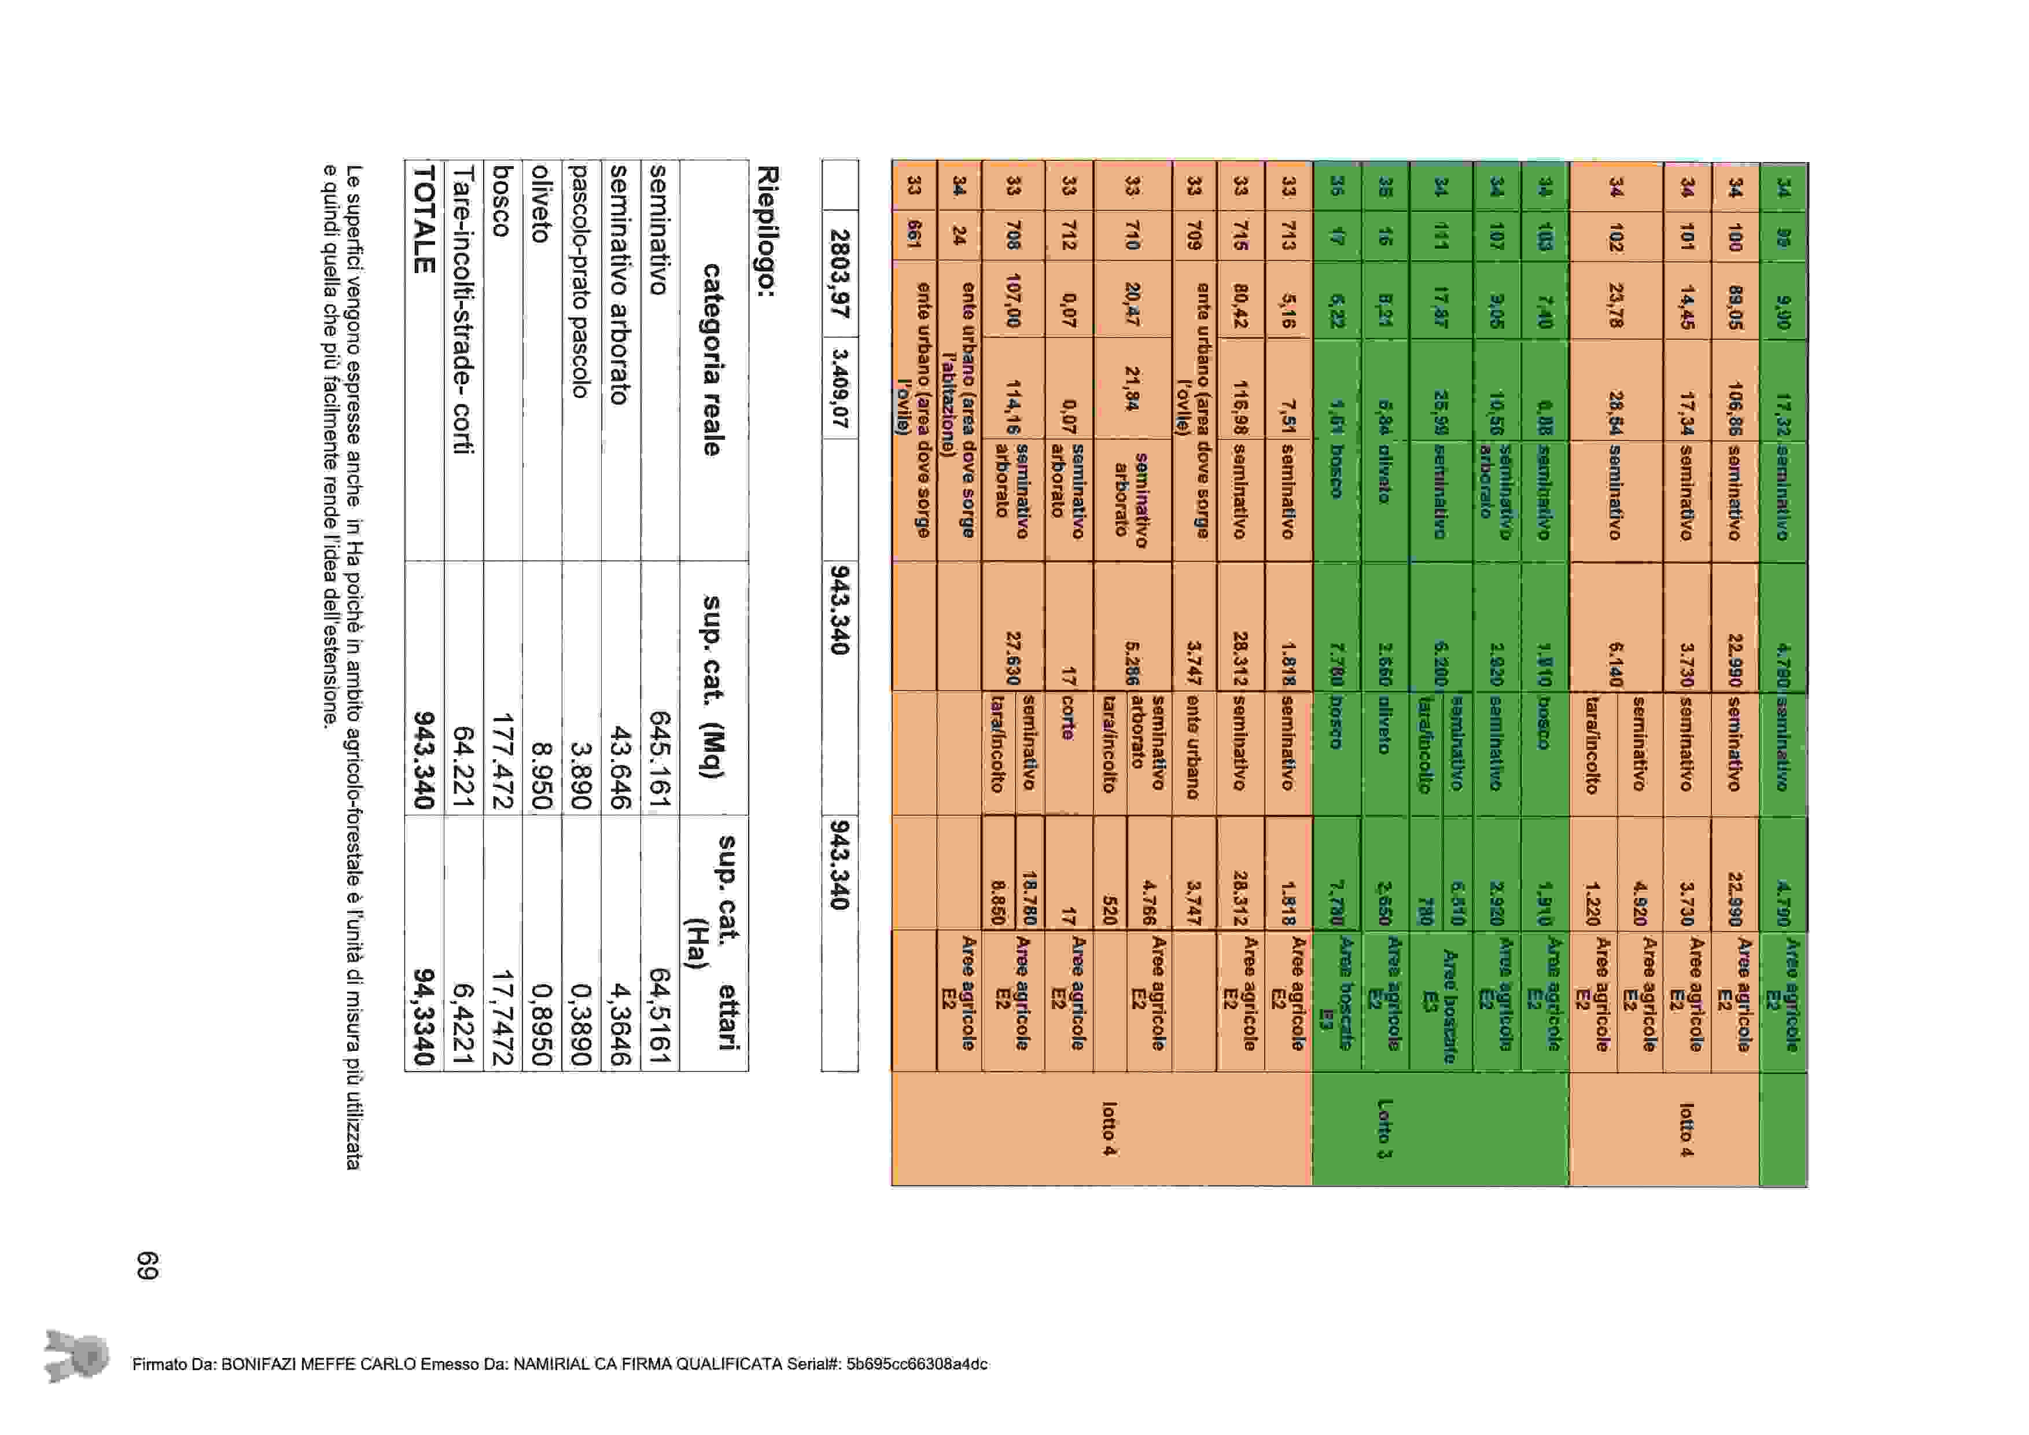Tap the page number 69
pyautogui.click(x=147, y=1264)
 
